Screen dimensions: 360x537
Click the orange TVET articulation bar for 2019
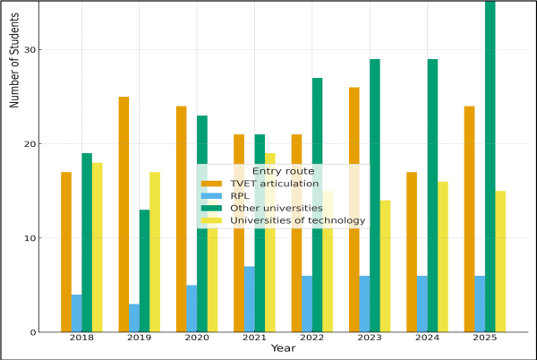pos(124,215)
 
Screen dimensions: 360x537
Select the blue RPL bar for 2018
pos(77,313)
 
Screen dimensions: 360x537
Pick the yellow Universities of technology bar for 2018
pos(98,247)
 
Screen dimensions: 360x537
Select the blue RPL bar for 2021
pos(249,299)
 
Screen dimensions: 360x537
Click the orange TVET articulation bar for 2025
pos(469,219)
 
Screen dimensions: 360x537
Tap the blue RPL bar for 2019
pos(134,318)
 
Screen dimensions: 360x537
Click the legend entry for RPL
pos(240,195)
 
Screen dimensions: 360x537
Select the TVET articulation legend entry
pos(273,184)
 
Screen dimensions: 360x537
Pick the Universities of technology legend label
pos(297,220)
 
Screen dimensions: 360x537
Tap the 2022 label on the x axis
pos(311,337)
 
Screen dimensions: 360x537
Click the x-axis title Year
pos(283,348)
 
